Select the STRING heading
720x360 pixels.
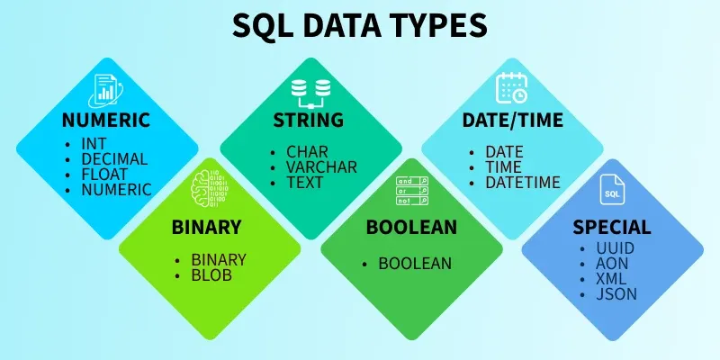tap(308, 121)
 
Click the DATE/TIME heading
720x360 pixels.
tap(512, 121)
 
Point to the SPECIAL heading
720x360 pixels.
tap(612, 227)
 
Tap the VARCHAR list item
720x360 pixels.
tap(321, 166)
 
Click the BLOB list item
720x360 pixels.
tap(211, 274)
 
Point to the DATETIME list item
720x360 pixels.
tap(522, 182)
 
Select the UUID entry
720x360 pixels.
tap(615, 247)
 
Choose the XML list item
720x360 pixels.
tap(612, 278)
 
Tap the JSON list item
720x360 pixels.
tap(616, 293)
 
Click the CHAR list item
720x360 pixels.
tap(307, 151)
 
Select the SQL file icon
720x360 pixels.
tap(612, 193)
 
